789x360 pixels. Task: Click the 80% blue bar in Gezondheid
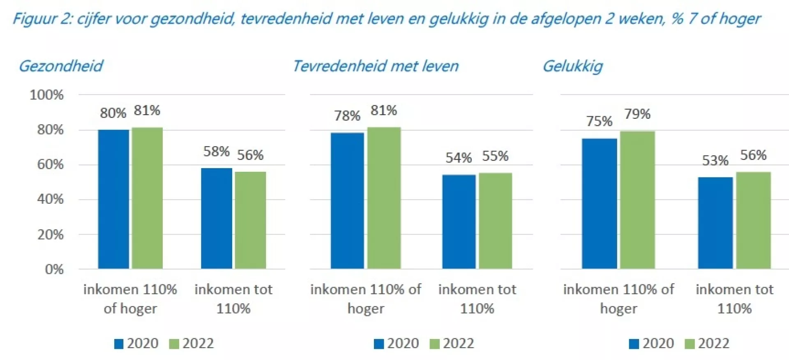[x=113, y=199]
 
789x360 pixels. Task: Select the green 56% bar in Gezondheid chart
[x=250, y=220]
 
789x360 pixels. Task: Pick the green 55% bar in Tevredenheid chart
[x=495, y=221]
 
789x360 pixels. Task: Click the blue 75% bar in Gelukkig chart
[x=599, y=203]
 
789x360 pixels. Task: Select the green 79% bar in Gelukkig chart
[x=637, y=200]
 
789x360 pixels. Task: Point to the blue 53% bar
[x=715, y=223]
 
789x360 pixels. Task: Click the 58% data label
[x=216, y=152]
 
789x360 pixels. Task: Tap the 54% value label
[x=459, y=158]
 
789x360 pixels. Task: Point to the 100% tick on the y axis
[x=46, y=95]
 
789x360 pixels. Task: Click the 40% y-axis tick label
[x=50, y=199]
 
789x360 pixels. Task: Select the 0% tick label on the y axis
[x=54, y=270]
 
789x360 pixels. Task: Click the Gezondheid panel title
[x=61, y=66]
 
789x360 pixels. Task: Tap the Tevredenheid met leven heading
[x=375, y=66]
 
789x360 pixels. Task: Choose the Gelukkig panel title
[x=572, y=66]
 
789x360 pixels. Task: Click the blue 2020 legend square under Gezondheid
[x=119, y=344]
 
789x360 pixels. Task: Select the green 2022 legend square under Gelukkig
[x=690, y=344]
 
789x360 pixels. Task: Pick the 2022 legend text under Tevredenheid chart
[x=458, y=344]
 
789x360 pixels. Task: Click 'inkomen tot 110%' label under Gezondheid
[x=233, y=299]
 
